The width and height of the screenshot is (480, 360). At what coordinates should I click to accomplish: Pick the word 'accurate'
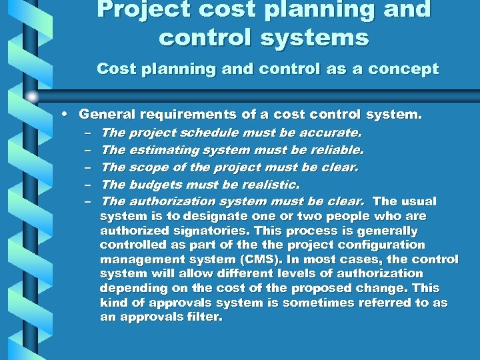tap(331, 133)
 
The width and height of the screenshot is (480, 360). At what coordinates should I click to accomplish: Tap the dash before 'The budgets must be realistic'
tap(89, 184)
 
